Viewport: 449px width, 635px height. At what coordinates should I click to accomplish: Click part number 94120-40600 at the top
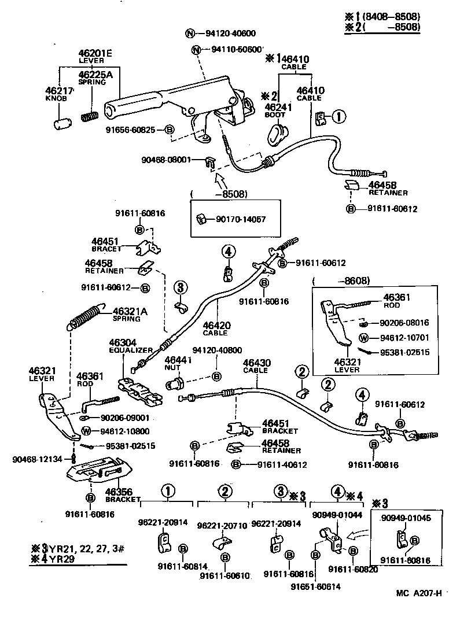[231, 33]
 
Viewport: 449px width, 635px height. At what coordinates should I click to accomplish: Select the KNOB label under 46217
[57, 99]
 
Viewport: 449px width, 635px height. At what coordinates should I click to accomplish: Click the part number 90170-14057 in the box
[237, 219]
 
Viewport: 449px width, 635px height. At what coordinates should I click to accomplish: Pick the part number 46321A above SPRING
[130, 311]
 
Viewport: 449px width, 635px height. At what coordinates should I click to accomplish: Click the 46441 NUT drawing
[175, 382]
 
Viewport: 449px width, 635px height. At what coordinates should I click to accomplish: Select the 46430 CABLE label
[255, 367]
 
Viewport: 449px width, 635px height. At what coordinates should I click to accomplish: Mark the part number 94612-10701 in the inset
[405, 337]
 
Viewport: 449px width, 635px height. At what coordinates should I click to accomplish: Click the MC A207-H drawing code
[419, 593]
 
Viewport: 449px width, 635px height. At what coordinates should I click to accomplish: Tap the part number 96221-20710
[222, 525]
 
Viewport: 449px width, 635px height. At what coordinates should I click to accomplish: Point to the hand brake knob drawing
[61, 122]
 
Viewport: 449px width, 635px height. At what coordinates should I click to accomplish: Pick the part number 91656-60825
[130, 130]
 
